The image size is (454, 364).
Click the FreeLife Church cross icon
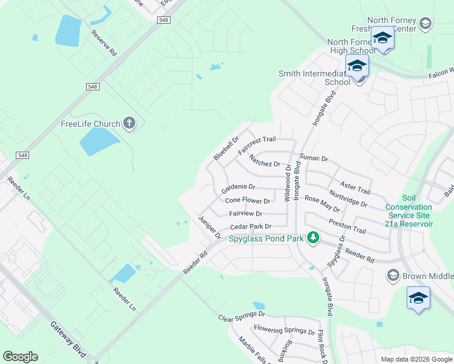[x=129, y=124]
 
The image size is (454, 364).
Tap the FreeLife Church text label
[x=90, y=124]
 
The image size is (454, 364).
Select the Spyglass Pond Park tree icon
[x=313, y=238]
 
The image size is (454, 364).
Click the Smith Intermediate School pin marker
[x=357, y=66]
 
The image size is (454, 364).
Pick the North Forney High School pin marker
[x=382, y=39]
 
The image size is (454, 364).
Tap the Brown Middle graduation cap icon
[x=393, y=276]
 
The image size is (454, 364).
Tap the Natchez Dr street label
[x=265, y=161]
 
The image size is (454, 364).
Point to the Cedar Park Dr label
[x=250, y=227]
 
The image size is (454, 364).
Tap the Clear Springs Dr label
[x=242, y=316]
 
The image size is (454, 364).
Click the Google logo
[x=20, y=357]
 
